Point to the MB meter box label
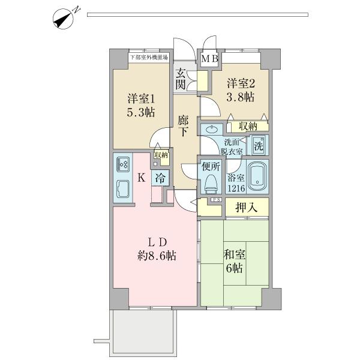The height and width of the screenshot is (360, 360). click(x=209, y=59)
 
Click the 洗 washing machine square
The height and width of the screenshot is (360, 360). click(x=258, y=145)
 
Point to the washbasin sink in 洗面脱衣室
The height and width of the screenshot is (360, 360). click(x=212, y=130)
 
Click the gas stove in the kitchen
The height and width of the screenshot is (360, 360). click(x=124, y=164)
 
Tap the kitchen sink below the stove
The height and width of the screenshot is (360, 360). click(x=124, y=188)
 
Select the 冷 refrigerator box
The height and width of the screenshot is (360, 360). click(x=160, y=178)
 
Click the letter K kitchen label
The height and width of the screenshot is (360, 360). click(x=142, y=178)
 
